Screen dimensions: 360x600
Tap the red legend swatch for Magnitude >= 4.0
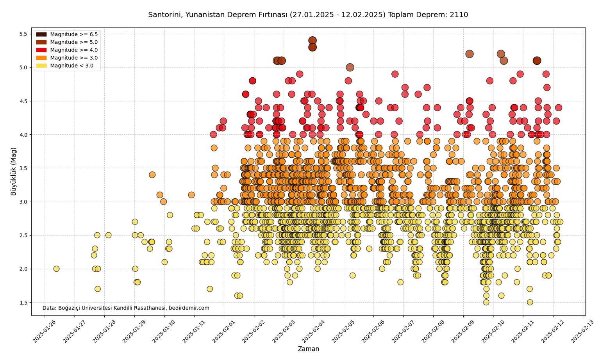(41, 50)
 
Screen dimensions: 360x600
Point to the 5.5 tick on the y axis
(26, 34)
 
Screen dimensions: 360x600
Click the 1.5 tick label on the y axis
(26, 303)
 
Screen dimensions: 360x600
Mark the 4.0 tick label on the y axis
(26, 135)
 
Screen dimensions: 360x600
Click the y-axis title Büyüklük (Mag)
(14, 171)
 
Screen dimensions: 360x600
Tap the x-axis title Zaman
(308, 349)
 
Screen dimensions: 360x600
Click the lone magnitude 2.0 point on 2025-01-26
(56, 269)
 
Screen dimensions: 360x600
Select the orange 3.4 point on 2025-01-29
(152, 175)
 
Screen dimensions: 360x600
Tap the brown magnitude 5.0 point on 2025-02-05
(350, 67)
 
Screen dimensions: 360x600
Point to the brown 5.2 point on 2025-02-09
(470, 54)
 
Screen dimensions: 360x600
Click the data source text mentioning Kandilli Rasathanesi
(126, 308)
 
